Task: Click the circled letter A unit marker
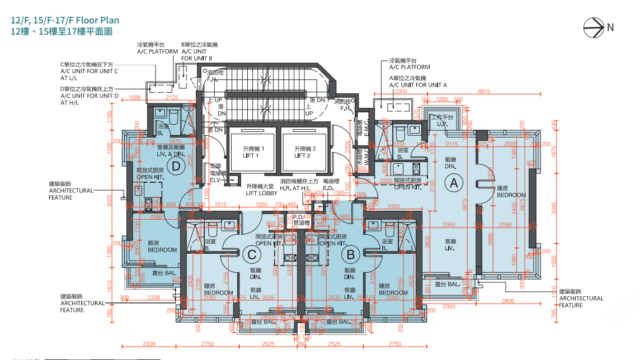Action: pyautogui.click(x=452, y=183)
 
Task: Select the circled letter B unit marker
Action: pyautogui.click(x=351, y=255)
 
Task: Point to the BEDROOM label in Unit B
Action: pyautogui.click(x=393, y=294)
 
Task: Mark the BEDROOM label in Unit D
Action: pyautogui.click(x=162, y=249)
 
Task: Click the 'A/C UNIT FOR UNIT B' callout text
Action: pyautogui.click(x=203, y=59)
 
